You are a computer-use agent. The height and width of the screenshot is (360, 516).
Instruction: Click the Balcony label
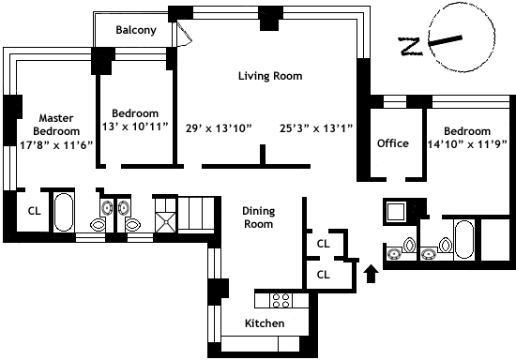(x=136, y=30)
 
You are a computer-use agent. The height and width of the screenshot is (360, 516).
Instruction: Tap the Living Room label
(x=270, y=76)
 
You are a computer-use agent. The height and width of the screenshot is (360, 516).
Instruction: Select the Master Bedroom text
(x=56, y=125)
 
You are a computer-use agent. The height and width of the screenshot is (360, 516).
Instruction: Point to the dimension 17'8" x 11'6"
(x=56, y=145)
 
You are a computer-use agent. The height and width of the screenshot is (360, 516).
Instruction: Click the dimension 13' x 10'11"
(x=135, y=127)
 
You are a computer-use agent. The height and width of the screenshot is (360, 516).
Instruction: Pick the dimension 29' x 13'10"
(x=219, y=128)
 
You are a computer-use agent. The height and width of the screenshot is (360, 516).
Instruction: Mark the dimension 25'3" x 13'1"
(x=316, y=128)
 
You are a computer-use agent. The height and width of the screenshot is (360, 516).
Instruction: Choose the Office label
(x=393, y=143)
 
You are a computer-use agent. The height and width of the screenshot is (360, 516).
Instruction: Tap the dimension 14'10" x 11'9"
(x=467, y=144)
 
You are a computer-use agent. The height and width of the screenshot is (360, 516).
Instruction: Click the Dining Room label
(x=259, y=217)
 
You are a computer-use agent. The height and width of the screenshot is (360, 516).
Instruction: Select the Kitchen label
(x=265, y=323)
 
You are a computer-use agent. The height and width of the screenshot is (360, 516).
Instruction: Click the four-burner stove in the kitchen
(x=281, y=300)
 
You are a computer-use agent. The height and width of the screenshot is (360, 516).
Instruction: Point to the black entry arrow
(x=371, y=274)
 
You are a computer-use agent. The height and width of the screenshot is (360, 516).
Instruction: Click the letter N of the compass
(x=410, y=46)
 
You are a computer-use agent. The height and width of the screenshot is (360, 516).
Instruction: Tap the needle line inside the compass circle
(x=446, y=40)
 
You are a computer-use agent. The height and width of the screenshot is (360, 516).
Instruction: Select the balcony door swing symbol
(x=184, y=34)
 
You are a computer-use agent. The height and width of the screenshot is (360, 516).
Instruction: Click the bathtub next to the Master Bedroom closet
(x=64, y=212)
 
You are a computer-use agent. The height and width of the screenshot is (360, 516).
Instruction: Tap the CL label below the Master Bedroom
(x=34, y=211)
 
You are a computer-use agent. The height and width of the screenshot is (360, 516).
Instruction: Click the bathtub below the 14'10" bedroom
(x=463, y=240)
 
